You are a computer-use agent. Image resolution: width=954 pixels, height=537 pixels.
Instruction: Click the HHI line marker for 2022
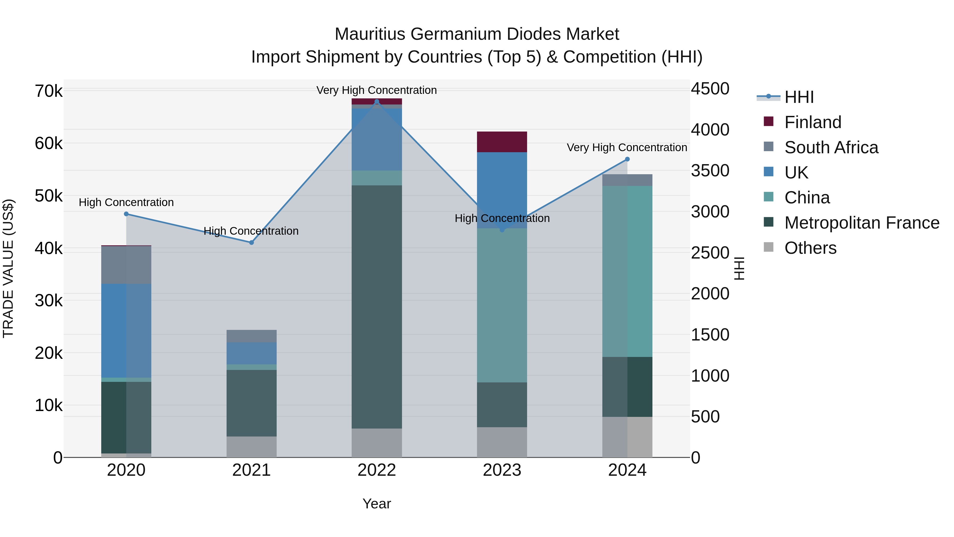(x=377, y=102)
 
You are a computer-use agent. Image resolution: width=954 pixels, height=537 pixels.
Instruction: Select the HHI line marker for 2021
(x=251, y=242)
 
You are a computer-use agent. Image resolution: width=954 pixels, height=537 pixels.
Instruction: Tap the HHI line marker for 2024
(x=627, y=159)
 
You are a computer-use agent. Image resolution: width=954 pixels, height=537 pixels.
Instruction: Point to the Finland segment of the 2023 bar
(x=502, y=142)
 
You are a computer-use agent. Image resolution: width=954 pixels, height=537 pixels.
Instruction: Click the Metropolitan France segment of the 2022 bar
(x=377, y=307)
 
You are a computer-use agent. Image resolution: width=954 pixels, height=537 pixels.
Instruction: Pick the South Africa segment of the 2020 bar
(x=126, y=265)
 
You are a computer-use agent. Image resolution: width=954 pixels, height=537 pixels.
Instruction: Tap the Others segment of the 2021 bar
(x=251, y=447)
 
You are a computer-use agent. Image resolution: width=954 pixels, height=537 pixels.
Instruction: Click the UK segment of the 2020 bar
(x=126, y=331)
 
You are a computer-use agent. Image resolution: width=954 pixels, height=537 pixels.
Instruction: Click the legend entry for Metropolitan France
(x=862, y=223)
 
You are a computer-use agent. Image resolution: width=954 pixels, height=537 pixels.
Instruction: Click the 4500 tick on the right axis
(x=710, y=89)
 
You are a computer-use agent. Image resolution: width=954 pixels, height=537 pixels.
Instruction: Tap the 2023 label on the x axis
(x=502, y=470)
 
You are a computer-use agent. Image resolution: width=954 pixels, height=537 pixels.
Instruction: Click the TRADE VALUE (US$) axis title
(x=8, y=268)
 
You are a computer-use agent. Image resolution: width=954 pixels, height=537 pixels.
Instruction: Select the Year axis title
(x=377, y=504)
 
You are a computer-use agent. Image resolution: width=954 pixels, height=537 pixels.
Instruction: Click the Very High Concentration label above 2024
(x=627, y=147)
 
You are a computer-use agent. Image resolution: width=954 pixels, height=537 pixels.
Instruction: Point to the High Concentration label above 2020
(x=126, y=202)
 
